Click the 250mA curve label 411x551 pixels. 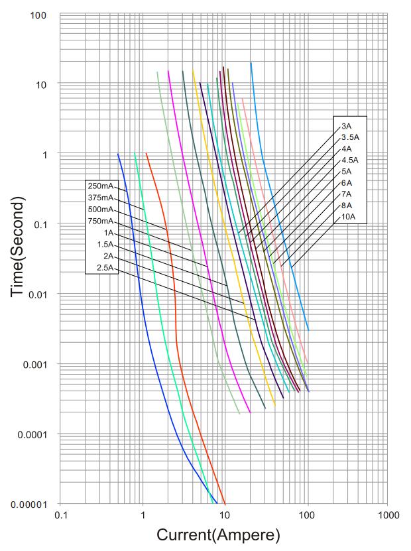(101, 186)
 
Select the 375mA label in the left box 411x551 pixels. (101, 198)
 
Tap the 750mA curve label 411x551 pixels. (101, 221)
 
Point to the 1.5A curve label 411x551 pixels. (105, 245)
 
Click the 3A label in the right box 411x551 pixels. (346, 126)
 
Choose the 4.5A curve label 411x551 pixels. (349, 160)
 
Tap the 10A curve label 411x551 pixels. (347, 217)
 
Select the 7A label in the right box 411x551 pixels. (346, 194)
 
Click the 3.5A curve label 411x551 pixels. (349, 137)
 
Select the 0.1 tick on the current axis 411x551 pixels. (61, 515)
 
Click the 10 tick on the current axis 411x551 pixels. (225, 515)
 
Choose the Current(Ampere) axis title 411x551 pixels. (218, 534)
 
